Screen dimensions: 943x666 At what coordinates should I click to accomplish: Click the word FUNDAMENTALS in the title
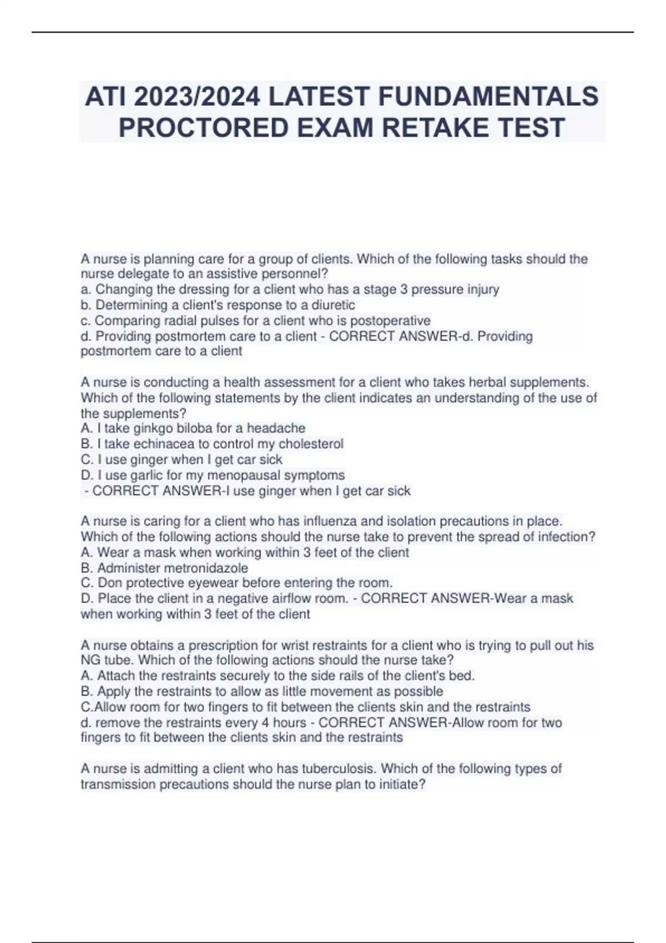click(488, 97)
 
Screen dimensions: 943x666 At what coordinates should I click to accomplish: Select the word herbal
click(487, 383)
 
